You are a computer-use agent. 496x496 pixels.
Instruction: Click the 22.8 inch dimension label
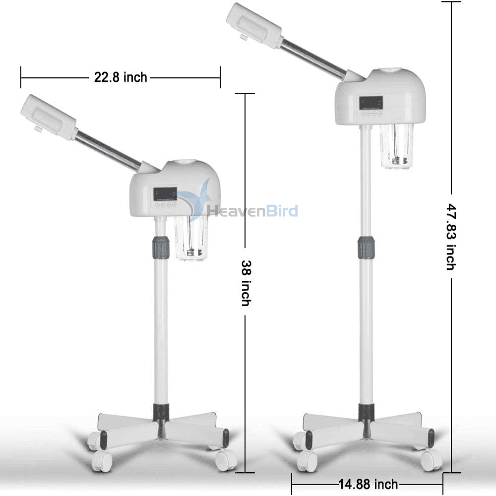121,77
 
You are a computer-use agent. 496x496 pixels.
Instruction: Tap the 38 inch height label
246,283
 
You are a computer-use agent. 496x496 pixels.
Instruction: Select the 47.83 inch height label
451,237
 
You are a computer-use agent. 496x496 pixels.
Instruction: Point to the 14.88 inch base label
368,484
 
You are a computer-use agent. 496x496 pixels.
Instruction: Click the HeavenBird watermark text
252,211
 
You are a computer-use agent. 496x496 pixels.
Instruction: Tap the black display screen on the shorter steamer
165,194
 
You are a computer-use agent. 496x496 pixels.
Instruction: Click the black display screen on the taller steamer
371,103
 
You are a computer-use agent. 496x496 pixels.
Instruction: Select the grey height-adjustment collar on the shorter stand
161,248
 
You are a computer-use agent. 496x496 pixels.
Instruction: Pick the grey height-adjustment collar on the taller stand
367,248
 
